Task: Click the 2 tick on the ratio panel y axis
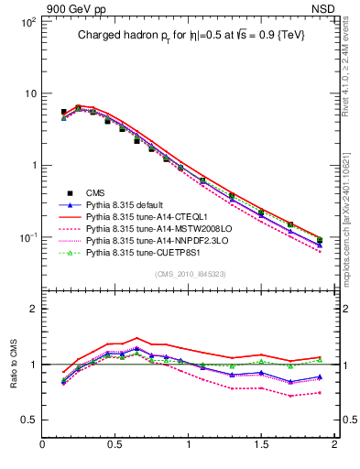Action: coord(31,310)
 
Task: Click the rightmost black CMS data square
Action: coord(319,241)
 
